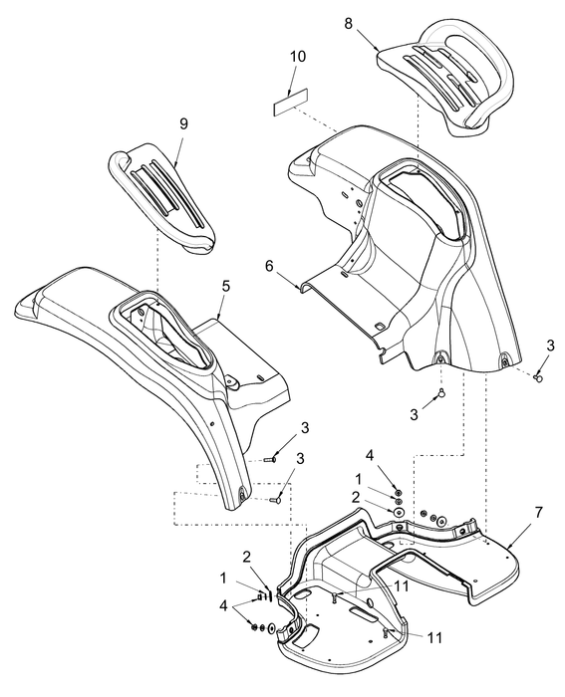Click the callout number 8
[x=349, y=24]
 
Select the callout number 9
[x=183, y=124]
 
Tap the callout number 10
[x=298, y=57]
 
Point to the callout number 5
[x=226, y=287]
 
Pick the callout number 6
[x=269, y=266]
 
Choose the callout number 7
[x=538, y=513]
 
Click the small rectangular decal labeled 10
[x=291, y=102]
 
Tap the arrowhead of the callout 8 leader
[x=378, y=48]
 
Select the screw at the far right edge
[x=539, y=378]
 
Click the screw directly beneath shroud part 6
[x=440, y=392]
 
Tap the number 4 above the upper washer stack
[x=370, y=456]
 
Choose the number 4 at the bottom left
[x=223, y=605]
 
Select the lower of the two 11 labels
[x=434, y=638]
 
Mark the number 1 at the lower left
[x=223, y=578]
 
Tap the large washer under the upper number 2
[x=399, y=512]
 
